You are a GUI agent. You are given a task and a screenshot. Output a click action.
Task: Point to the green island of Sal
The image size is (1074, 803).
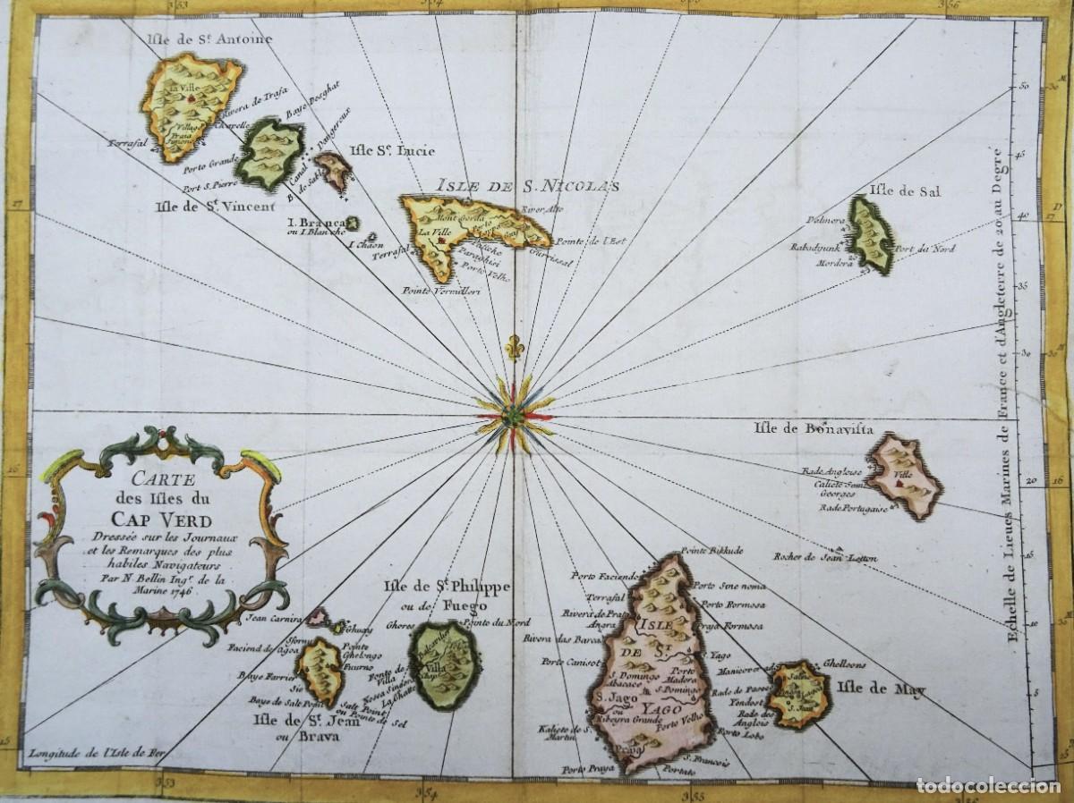point(869,234)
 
